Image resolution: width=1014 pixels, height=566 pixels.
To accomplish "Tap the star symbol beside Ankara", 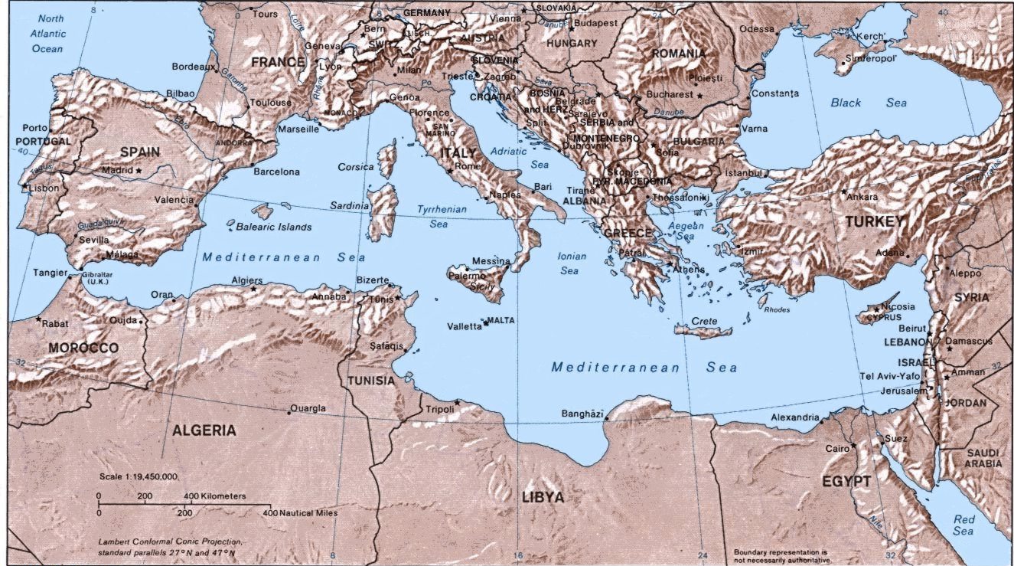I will [x=844, y=191].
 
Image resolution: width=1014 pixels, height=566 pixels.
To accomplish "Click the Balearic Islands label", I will [x=273, y=227].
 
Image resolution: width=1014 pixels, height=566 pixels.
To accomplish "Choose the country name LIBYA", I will [x=543, y=497].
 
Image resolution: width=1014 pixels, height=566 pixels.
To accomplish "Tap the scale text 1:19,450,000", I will [x=139, y=476].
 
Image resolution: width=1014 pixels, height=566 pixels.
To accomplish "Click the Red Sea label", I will [x=963, y=525].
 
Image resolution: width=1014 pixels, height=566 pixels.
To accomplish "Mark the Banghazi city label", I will [x=582, y=413].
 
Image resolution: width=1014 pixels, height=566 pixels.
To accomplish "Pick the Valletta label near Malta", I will [x=465, y=326].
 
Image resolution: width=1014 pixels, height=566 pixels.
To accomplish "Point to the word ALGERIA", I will [x=204, y=430].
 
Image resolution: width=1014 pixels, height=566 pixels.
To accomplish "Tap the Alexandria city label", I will [x=795, y=417].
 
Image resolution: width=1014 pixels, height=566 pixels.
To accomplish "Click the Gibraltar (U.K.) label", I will [x=99, y=277].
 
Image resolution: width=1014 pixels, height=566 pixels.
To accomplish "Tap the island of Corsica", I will [x=388, y=160].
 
